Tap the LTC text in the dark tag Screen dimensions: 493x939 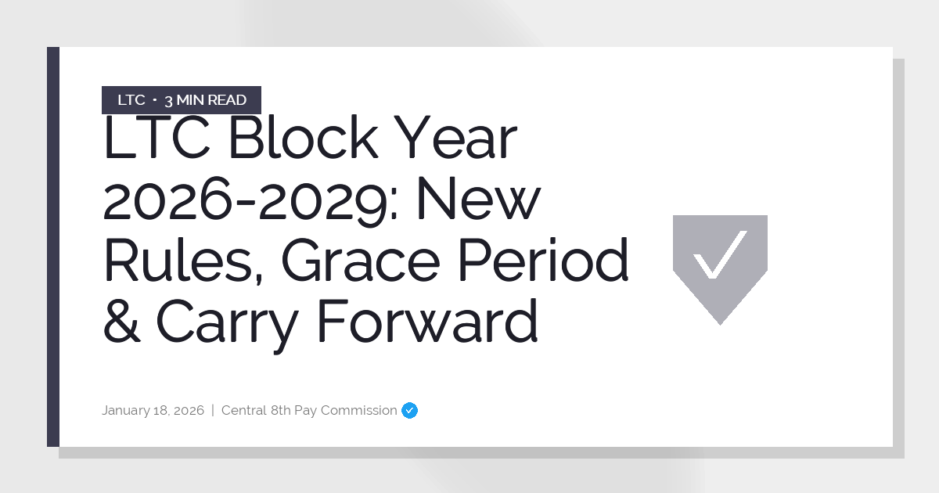[x=131, y=100]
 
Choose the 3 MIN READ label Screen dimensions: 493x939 [x=205, y=100]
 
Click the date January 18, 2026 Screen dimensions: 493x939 [x=153, y=410]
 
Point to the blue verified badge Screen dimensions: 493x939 [x=409, y=410]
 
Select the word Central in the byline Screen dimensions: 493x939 [x=244, y=410]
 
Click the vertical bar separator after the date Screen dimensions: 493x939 [x=213, y=410]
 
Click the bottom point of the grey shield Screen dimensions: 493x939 [x=720, y=321]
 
